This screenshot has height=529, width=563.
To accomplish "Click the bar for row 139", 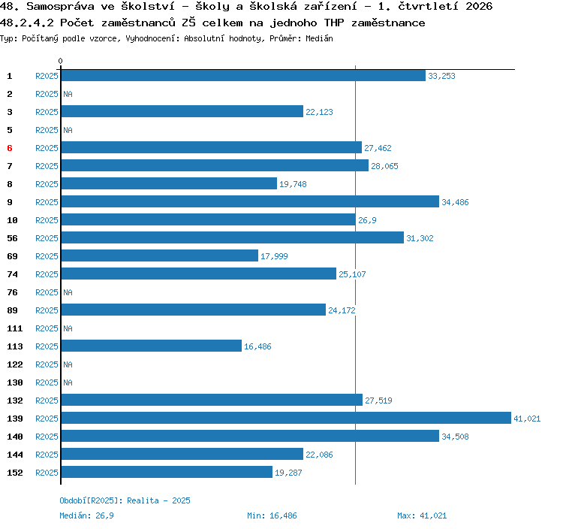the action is (x=286, y=418).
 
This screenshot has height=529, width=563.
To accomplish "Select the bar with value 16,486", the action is (x=152, y=346).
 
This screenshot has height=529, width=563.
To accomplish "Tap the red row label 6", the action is (x=10, y=148).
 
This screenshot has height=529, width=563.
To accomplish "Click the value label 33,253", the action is (x=441, y=76).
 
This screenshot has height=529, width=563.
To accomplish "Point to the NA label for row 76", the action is (x=68, y=292).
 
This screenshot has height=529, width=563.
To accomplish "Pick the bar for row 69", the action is (x=160, y=255).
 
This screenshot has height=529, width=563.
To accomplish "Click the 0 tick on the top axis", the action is (x=60, y=61).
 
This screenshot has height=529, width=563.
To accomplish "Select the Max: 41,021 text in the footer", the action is (x=422, y=515).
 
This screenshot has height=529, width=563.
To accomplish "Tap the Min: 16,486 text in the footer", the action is (x=272, y=515).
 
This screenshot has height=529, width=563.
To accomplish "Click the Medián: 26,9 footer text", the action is (x=86, y=515).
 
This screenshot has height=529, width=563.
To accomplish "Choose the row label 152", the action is (x=15, y=473).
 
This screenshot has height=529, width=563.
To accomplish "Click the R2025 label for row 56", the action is (x=47, y=238).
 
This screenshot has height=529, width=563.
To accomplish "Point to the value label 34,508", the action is (x=455, y=437).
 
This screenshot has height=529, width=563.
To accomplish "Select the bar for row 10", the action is (x=209, y=219).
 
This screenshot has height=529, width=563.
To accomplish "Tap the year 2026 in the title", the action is (x=479, y=6).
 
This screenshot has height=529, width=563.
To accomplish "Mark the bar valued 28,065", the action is (x=215, y=165).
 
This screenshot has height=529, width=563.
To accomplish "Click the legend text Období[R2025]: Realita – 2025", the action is (x=125, y=500).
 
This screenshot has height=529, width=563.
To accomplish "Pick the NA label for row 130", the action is (x=68, y=382).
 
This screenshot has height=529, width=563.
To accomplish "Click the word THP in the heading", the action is (x=334, y=23).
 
